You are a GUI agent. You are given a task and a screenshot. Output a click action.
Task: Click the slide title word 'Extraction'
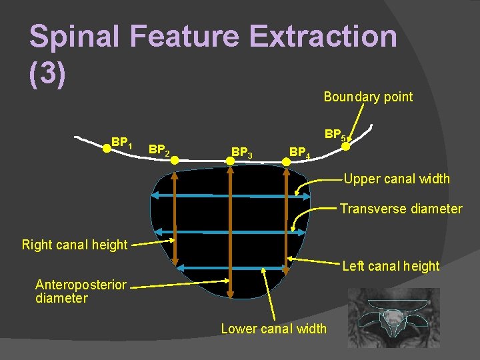[319, 36]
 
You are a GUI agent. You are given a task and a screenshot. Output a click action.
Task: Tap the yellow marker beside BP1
[106, 149]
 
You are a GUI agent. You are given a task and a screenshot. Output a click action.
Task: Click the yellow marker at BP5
[345, 147]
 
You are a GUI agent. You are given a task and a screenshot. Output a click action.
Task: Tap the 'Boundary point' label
[368, 97]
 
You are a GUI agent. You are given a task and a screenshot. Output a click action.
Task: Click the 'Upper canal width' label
[397, 179]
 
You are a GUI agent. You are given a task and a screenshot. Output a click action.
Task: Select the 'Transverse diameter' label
[401, 209]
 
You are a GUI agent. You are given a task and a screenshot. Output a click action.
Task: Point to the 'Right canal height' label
[75, 245]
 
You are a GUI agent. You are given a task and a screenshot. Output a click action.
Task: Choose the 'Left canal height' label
[391, 266]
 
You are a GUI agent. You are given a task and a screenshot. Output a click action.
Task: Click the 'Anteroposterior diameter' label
[80, 291]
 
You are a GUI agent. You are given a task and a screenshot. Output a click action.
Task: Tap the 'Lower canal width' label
[274, 328]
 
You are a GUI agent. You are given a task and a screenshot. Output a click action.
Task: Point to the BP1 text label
[122, 142]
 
